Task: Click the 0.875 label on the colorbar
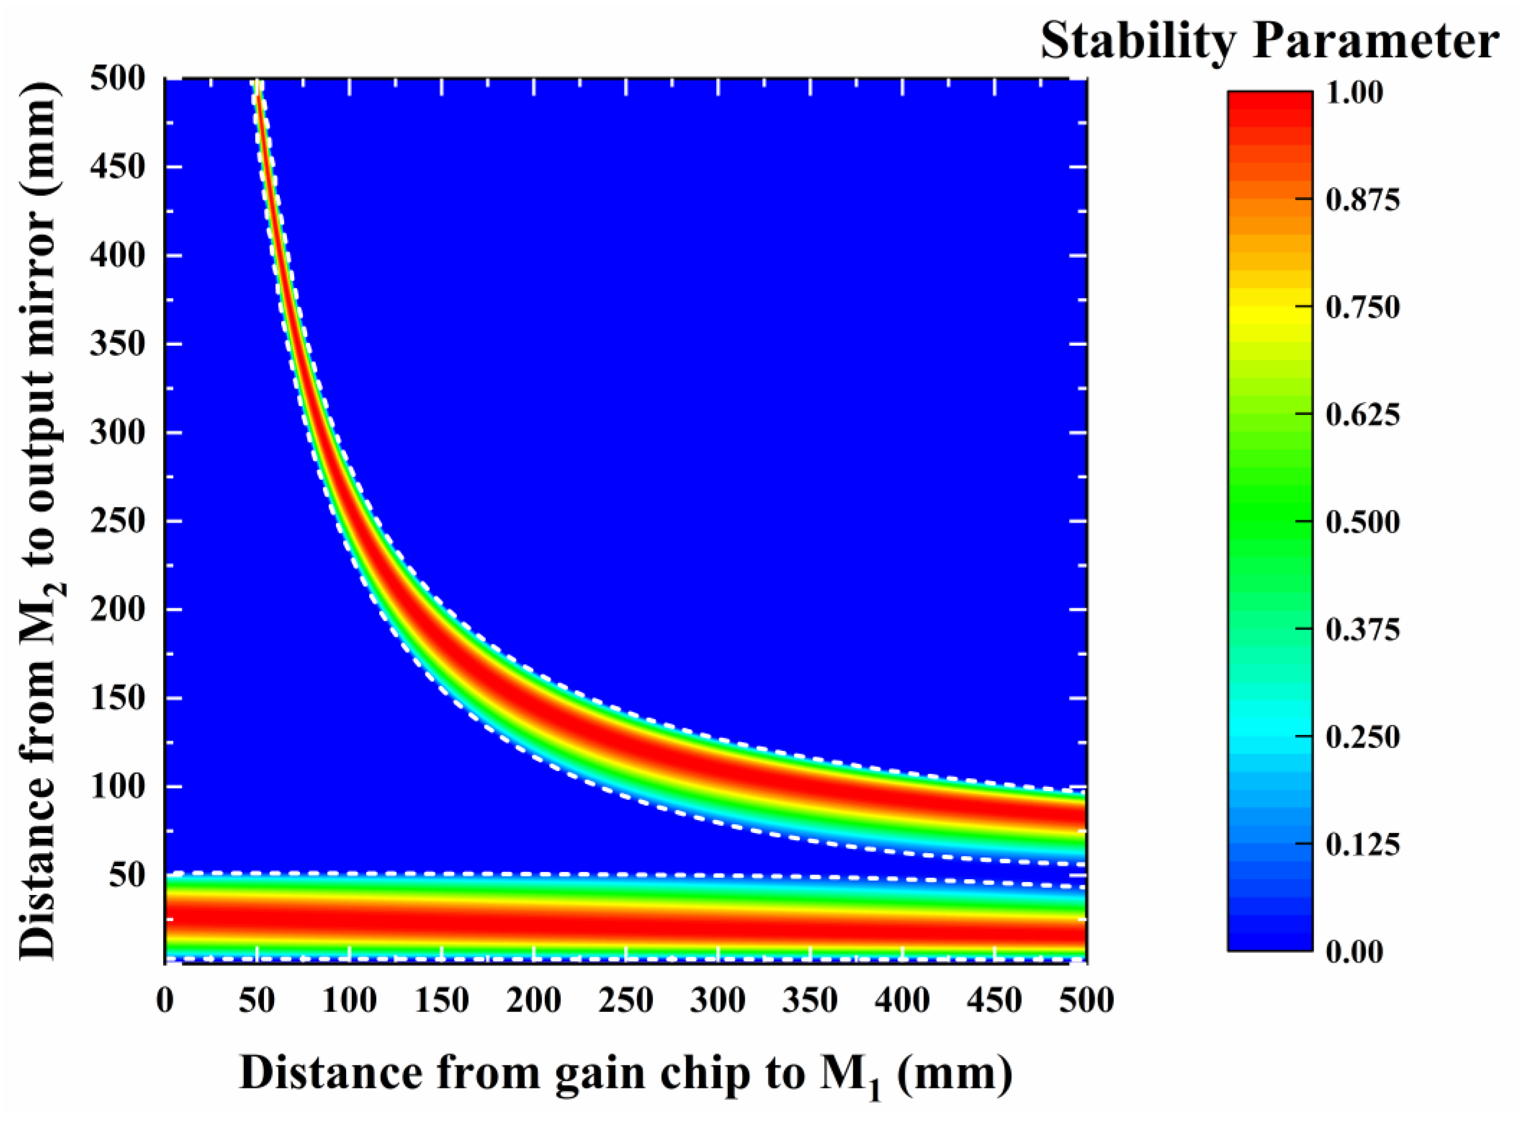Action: [1363, 200]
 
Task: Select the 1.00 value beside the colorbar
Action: [1354, 93]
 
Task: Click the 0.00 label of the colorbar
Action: [1354, 952]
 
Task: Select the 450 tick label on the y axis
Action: [117, 167]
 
